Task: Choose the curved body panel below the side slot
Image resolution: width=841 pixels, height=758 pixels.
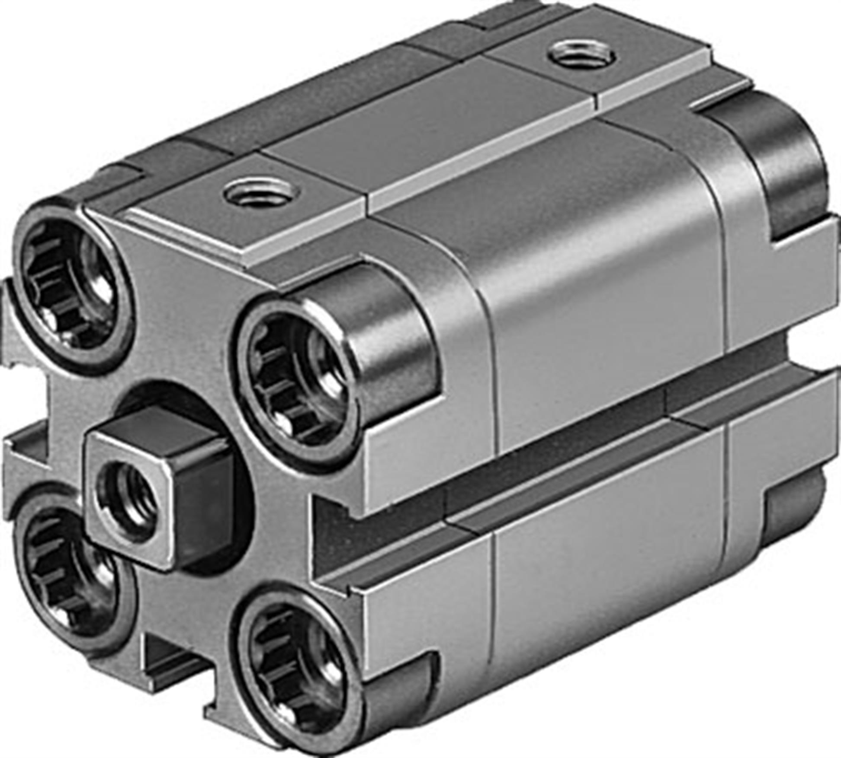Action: (x=606, y=575)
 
